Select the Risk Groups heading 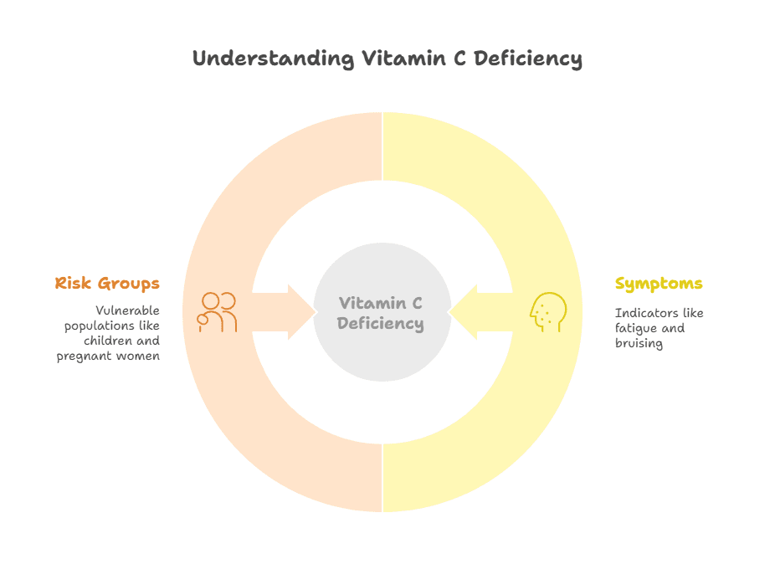tap(107, 284)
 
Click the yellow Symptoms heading tap(659, 284)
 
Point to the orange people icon tap(217, 312)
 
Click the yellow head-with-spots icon tap(547, 312)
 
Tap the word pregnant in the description tap(87, 356)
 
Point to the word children tap(110, 341)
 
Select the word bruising tap(639, 343)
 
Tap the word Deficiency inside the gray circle tap(381, 324)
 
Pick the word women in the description tap(139, 356)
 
